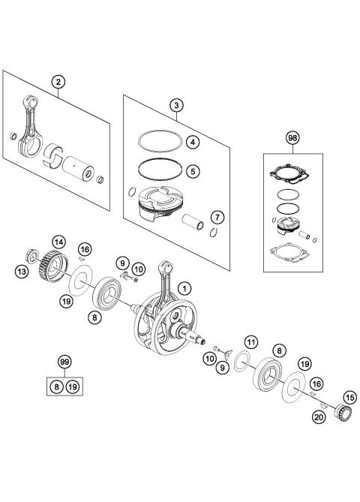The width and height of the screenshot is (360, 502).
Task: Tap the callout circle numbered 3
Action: point(175,107)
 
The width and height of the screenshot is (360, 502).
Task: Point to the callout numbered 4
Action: point(193,142)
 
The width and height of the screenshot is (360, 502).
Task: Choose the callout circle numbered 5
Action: point(193,170)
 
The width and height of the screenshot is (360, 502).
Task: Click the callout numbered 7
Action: point(215,217)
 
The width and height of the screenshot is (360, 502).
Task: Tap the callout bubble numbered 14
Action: point(58,242)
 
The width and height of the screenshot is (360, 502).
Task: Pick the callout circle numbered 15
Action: point(348,397)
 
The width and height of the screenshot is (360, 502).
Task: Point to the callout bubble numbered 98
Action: point(292,137)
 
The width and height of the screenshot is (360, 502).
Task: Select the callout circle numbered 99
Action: point(64,362)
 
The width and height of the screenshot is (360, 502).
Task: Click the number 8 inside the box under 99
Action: point(55,386)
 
